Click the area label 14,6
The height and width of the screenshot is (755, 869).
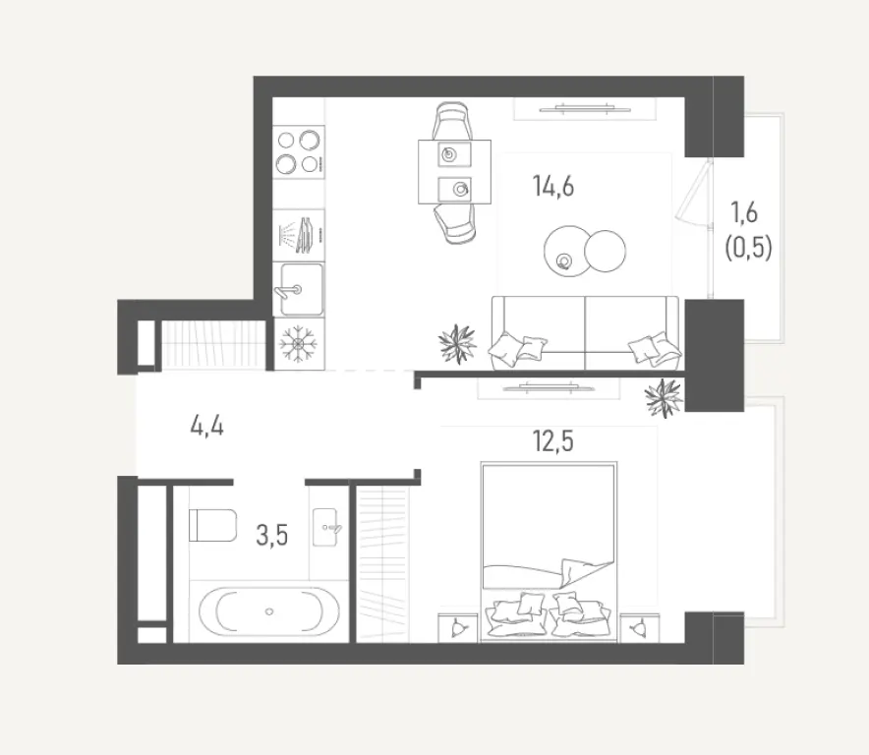click(554, 186)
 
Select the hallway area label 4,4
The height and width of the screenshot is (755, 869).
click(207, 428)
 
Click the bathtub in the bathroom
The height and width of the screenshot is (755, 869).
click(270, 611)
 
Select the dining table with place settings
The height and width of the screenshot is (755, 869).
click(454, 171)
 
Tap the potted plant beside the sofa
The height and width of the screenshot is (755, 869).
click(457, 345)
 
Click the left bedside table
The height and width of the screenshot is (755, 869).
click(459, 625)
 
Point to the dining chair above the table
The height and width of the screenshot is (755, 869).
click(451, 122)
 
